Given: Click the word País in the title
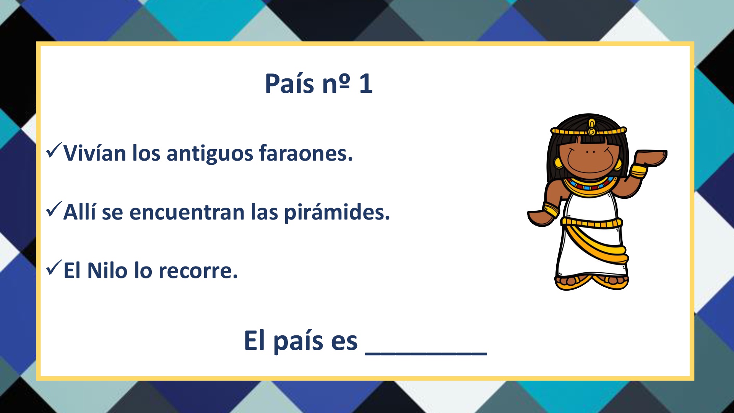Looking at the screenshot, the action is click(289, 83).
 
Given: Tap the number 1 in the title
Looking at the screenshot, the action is click(366, 84).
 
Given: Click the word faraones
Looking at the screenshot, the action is click(306, 153).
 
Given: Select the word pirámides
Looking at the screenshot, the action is click(337, 213).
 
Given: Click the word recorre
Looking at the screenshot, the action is click(198, 271).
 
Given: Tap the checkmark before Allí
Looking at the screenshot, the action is click(54, 209).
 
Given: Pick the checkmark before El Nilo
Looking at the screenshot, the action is click(54, 268).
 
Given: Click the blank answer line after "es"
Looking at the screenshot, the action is click(426, 354).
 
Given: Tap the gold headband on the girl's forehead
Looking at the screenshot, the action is click(589, 131).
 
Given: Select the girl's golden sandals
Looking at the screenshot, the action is click(591, 282).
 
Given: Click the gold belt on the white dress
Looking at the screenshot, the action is click(591, 223).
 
